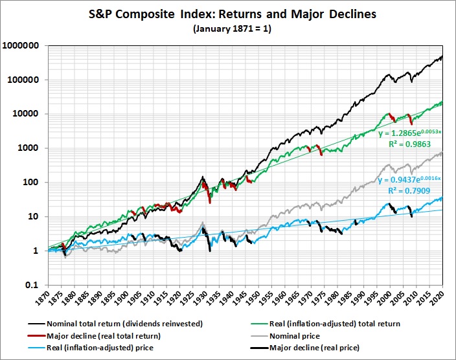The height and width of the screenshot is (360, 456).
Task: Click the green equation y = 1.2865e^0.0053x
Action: click(x=409, y=134)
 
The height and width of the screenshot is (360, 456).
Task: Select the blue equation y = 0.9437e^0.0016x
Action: click(x=409, y=179)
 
